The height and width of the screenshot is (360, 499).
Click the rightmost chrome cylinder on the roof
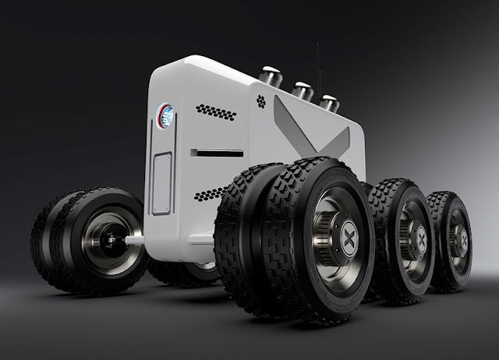click(328, 102)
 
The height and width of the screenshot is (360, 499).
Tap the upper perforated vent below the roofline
click(216, 112)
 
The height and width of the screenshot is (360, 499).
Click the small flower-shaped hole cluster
click(260, 100)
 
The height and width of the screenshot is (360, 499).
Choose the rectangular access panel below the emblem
click(161, 182)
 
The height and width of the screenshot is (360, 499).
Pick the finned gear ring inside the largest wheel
click(324, 234)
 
